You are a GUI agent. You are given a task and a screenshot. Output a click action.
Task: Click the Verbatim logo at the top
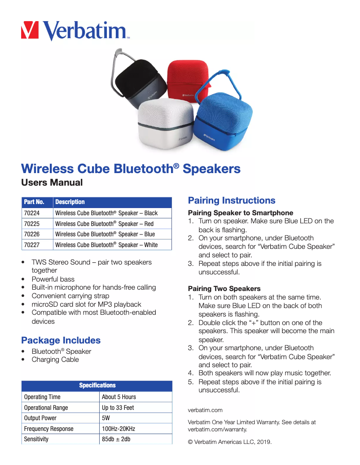pos(75,30)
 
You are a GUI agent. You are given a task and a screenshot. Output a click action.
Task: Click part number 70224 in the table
pos(32,213)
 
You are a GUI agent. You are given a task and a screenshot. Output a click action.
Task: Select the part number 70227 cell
pos(32,245)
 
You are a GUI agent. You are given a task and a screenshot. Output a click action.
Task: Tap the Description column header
pos(70,202)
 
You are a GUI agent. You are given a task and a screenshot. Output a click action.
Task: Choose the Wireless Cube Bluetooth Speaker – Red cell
pos(104,224)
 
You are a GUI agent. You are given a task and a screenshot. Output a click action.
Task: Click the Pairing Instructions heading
pos(232,200)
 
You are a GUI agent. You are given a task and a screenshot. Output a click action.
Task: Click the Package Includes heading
pos(61,340)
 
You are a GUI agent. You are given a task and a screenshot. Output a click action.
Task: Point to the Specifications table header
pos(97,386)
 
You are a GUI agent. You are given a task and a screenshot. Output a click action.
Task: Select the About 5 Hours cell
pos(119,397)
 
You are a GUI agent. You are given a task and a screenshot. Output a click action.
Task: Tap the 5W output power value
pos(106,418)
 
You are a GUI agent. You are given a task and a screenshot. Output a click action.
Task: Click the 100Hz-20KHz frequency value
pos(119,429)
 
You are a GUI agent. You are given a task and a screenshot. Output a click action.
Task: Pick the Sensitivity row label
pos(36,439)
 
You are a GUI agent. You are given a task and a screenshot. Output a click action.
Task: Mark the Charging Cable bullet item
pos(55,360)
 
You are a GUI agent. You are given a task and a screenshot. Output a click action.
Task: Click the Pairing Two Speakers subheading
pos(224,288)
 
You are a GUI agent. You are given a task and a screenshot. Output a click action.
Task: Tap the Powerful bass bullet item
pos(53,279)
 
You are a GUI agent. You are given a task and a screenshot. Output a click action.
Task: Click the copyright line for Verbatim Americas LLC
pos(230,442)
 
